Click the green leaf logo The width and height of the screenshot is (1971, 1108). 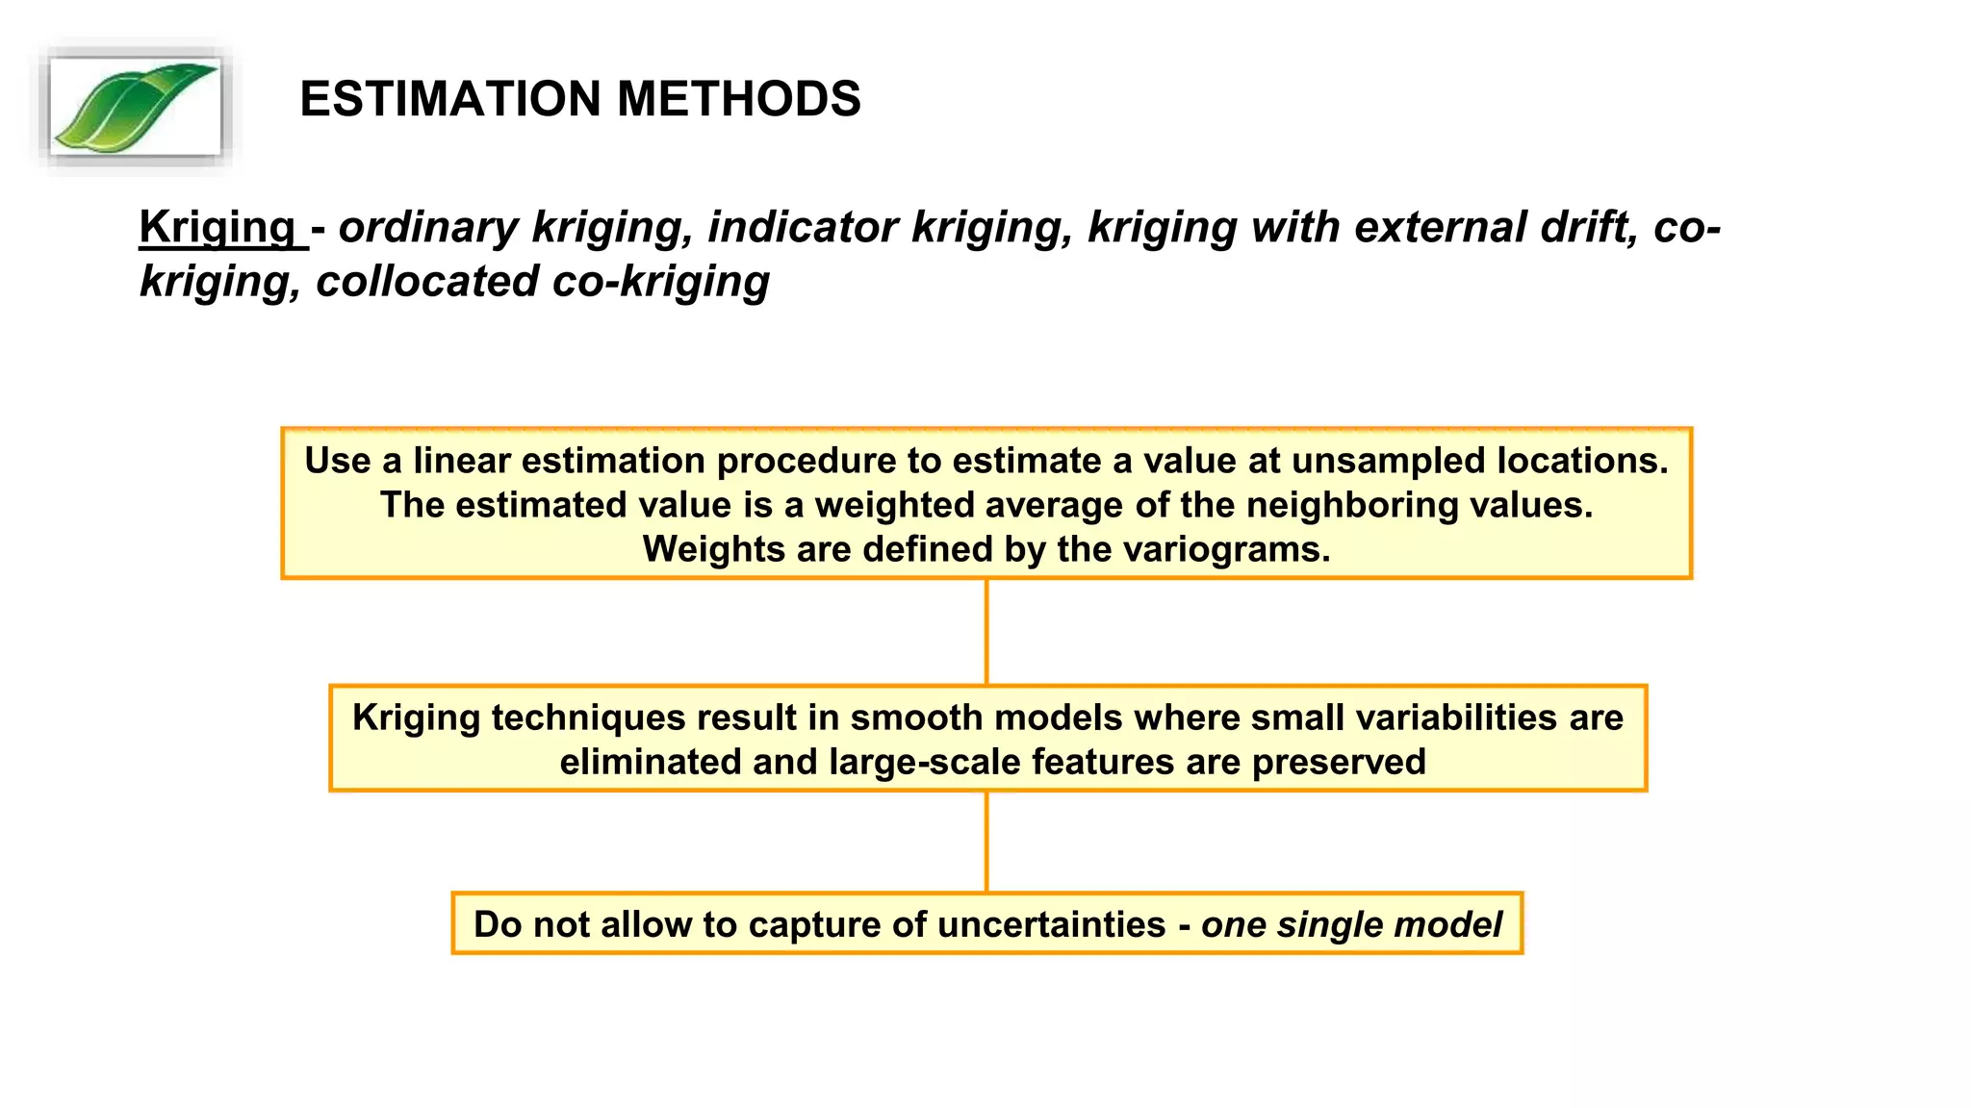point(135,107)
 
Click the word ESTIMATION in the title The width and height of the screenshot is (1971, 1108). point(450,99)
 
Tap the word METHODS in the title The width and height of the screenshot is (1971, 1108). point(738,99)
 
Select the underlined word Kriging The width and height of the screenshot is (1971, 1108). point(218,228)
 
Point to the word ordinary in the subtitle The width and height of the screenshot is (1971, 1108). point(428,228)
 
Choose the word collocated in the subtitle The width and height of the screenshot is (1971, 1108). point(427,282)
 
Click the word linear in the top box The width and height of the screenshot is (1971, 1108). point(461,461)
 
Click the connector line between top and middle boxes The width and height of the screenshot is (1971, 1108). point(986,632)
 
